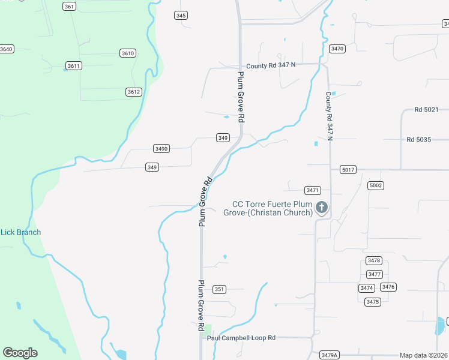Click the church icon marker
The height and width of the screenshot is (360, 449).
point(322,208)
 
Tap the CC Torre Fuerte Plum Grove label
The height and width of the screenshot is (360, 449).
point(268,208)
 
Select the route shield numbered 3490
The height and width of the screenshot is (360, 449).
point(161,148)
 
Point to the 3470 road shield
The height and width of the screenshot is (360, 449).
point(337,49)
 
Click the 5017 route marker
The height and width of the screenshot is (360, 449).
point(348,170)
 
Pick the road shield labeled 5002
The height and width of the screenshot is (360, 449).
point(376,185)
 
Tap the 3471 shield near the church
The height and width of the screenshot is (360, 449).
point(312,190)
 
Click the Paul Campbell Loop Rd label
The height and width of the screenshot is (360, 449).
point(241,338)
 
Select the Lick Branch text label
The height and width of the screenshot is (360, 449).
point(20,232)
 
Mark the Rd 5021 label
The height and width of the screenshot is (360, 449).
point(426,110)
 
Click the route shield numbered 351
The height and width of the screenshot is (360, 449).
point(220,289)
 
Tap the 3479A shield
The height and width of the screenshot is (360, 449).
point(330,355)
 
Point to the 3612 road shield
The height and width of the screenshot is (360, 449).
point(133,92)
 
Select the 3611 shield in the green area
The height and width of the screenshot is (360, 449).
point(74,65)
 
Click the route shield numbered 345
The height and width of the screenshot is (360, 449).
point(181,16)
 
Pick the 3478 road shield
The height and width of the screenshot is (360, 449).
point(374,260)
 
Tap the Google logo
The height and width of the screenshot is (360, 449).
point(20,353)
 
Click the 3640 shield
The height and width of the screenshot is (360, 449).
point(6,49)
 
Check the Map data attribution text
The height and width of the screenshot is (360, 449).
point(424,355)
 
